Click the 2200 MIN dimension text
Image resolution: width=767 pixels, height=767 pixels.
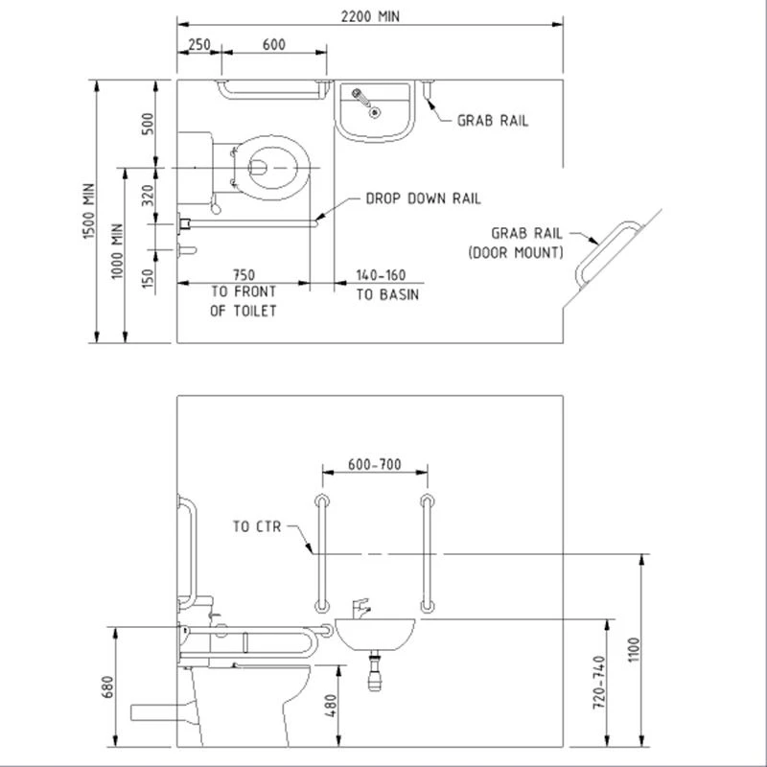tap(369, 15)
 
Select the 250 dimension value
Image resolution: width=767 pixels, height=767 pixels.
tap(198, 44)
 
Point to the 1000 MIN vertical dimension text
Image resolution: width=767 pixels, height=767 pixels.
tap(117, 252)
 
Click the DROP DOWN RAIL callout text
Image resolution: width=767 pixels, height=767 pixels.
tap(423, 198)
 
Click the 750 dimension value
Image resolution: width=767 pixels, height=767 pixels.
tap(244, 274)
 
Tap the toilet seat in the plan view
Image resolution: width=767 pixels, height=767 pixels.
tap(271, 169)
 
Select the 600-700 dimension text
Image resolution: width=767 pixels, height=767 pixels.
tap(374, 465)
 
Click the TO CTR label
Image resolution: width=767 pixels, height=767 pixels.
tap(254, 526)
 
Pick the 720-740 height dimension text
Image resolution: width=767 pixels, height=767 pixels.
tap(598, 682)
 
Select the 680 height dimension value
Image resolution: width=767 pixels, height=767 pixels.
tap(107, 687)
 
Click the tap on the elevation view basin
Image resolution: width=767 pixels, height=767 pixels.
tap(360, 607)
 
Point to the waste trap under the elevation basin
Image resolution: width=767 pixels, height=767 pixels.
tap(375, 671)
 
